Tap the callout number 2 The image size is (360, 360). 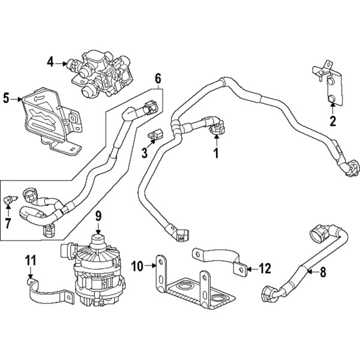pos(331,123)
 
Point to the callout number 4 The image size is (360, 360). pos(50,61)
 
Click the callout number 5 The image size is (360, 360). pos(7,98)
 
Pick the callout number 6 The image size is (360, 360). pos(158,78)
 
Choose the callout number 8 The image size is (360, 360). pos(323,272)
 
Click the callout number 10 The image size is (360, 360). pos(136,265)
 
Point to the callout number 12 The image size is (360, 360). pos(265,268)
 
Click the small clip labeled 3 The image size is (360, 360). pos(158,134)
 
